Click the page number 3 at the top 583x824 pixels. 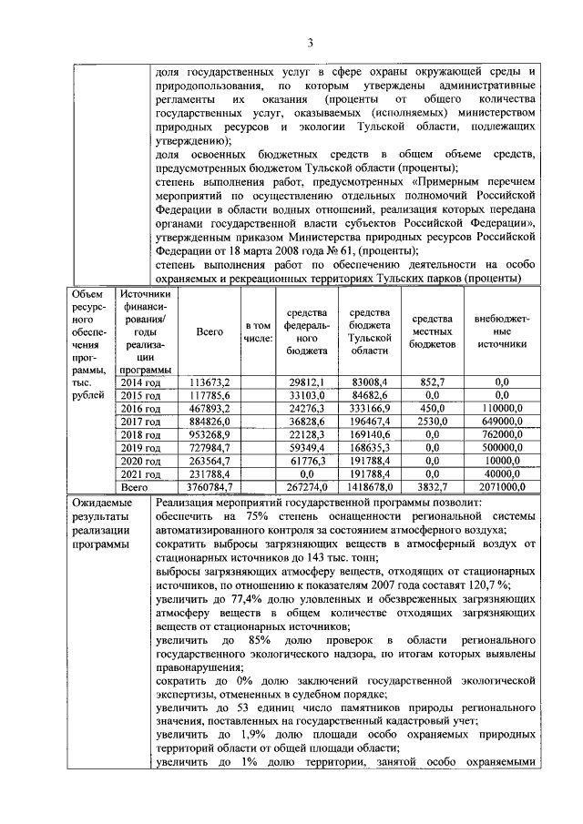(x=310, y=43)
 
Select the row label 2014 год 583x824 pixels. (x=141, y=381)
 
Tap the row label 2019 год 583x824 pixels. (x=141, y=447)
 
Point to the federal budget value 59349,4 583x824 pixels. (x=306, y=447)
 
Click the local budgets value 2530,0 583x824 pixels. (x=432, y=422)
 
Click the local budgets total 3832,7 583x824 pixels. (x=432, y=487)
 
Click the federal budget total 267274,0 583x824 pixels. (x=306, y=487)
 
